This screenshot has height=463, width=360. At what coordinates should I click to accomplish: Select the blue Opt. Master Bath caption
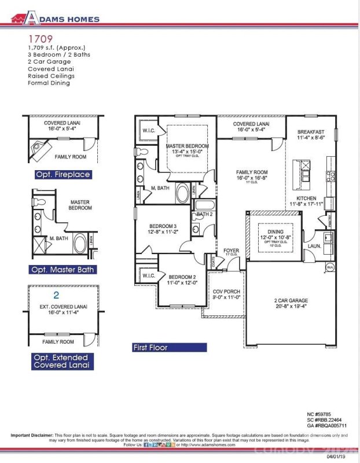[x=63, y=269]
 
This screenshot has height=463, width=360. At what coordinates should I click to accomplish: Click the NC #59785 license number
[x=321, y=414]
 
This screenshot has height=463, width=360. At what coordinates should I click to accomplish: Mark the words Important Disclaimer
[x=32, y=435]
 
